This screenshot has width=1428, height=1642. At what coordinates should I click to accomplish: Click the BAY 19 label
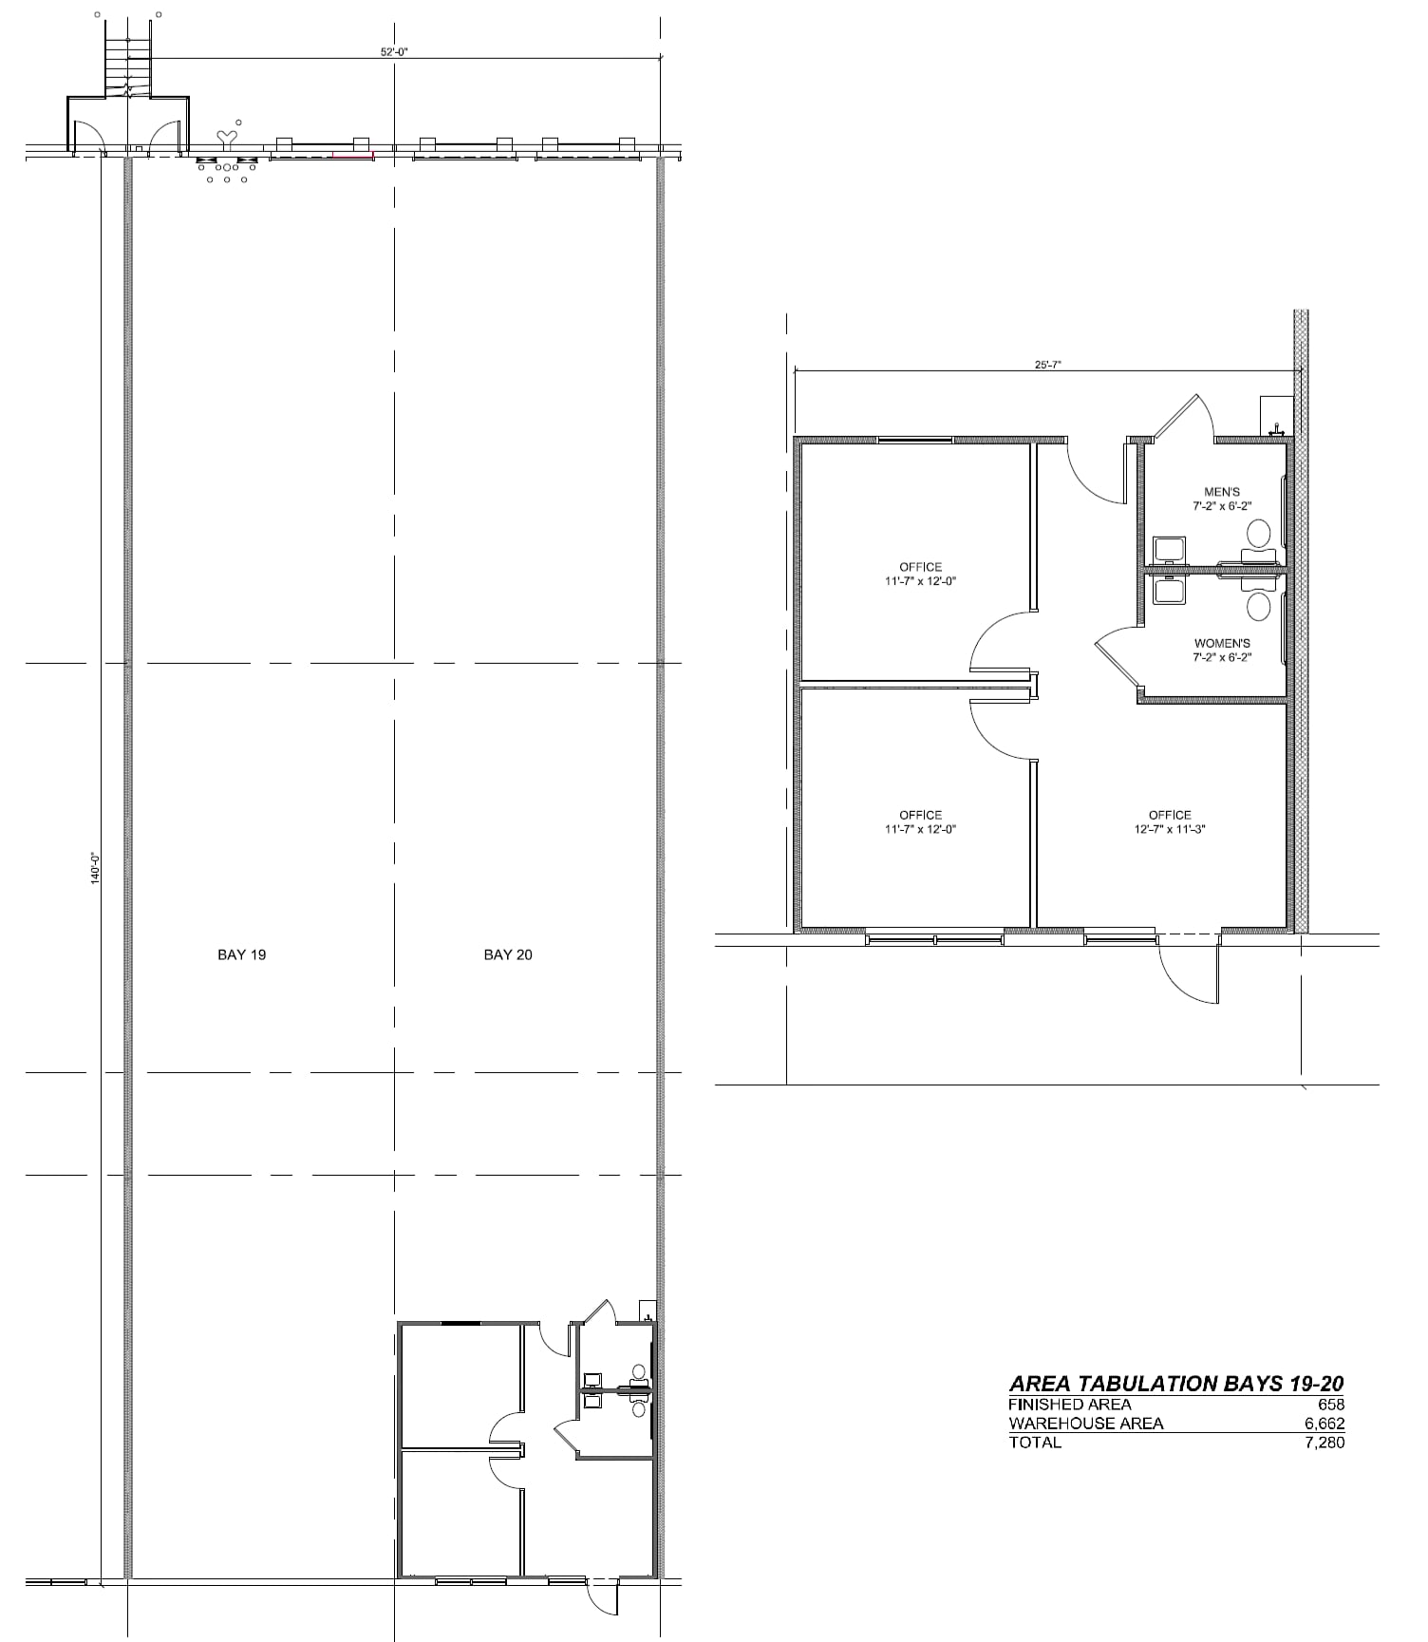(241, 954)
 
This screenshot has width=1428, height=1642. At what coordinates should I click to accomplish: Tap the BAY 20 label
(508, 954)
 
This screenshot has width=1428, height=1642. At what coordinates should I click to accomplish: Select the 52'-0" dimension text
(394, 52)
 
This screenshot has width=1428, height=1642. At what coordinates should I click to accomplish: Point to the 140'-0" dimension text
(95, 869)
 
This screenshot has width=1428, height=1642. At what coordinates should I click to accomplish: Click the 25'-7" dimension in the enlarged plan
(1047, 364)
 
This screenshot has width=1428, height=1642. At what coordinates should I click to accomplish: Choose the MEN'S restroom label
(1222, 492)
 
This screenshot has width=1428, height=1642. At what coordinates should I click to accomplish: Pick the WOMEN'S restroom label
(1222, 643)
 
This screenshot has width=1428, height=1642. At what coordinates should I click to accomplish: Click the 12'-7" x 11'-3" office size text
(1170, 829)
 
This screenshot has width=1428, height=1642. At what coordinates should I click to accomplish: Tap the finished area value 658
(1331, 1405)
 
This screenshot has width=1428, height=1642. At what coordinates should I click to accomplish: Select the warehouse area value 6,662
(1325, 1424)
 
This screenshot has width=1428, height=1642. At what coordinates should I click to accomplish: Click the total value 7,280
(1325, 1443)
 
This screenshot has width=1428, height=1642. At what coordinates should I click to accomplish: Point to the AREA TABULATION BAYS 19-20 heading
(1176, 1384)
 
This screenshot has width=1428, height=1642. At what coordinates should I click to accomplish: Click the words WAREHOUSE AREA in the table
(1085, 1424)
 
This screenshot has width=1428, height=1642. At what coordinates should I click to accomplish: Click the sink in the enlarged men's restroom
(1168, 550)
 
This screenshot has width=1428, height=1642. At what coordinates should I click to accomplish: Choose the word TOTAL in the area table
(1035, 1443)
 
